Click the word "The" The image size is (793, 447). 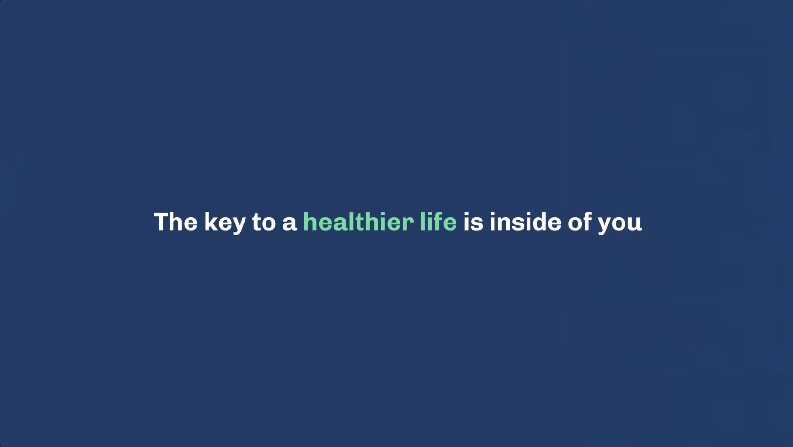176,222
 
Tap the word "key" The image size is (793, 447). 225,223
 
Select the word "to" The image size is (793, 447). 264,222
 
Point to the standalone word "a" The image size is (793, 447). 289,223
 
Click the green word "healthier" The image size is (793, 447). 359,222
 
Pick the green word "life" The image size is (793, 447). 438,222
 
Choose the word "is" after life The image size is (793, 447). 473,222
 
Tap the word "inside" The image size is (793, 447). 526,222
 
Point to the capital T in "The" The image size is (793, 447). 161,222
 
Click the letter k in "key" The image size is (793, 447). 210,222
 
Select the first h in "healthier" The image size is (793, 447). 310,222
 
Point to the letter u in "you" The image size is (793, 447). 635,223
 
